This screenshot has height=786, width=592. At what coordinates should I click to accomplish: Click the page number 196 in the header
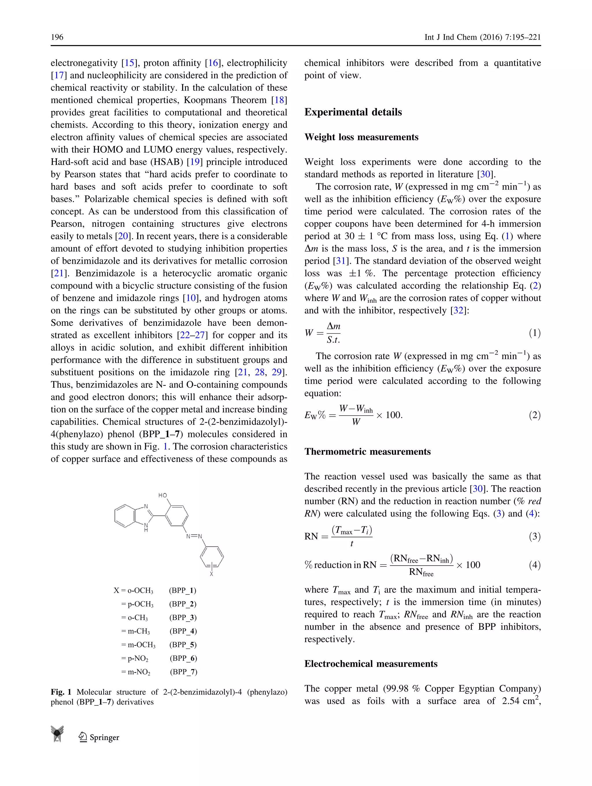[x=57, y=37]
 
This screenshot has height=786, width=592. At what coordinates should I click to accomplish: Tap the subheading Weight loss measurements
[x=361, y=137]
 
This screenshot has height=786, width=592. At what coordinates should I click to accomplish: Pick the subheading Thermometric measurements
[x=367, y=451]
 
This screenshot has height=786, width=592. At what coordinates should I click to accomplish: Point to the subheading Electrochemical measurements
[x=371, y=664]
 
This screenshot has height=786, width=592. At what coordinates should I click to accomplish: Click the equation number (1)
[x=534, y=333]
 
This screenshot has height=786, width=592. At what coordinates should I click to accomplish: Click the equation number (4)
[x=534, y=565]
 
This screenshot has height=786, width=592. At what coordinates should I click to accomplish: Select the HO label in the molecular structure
[x=162, y=495]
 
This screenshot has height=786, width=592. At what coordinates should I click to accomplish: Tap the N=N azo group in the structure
[x=194, y=536]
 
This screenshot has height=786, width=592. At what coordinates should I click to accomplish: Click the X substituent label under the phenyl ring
[x=212, y=574]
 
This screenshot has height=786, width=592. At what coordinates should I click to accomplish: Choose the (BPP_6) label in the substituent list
[x=183, y=658]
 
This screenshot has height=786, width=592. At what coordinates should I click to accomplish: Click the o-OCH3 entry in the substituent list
[x=140, y=590]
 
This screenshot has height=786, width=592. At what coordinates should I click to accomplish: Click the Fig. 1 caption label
[x=61, y=692]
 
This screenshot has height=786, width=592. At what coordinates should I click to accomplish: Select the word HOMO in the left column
[x=108, y=150]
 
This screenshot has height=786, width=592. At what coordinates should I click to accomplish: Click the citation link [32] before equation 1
[x=458, y=311]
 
